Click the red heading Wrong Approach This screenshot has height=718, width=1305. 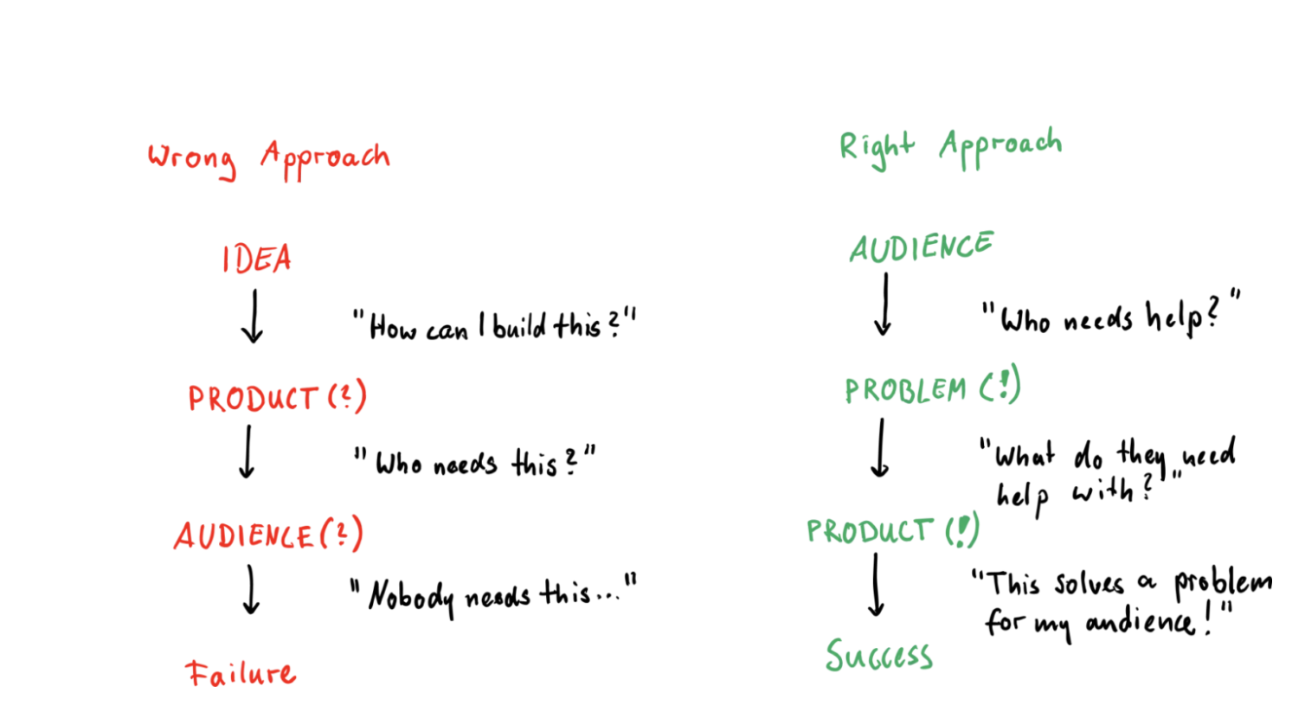click(x=268, y=159)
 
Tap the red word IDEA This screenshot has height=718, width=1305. click(x=256, y=259)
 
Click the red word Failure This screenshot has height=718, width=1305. click(x=241, y=673)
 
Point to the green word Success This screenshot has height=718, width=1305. click(x=878, y=656)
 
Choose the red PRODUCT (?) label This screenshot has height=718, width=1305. click(x=277, y=398)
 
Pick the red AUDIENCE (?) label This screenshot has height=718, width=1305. click(x=268, y=535)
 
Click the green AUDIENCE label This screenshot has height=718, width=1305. click(x=921, y=247)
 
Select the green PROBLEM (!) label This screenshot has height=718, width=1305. click(x=932, y=388)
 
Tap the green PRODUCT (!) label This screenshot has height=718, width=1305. click(x=892, y=530)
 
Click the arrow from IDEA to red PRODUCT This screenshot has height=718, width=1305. click(x=254, y=317)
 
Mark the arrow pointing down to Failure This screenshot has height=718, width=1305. click(x=251, y=590)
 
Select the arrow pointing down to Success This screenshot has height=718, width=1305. click(x=876, y=586)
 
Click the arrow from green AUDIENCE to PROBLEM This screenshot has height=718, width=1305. click(x=884, y=305)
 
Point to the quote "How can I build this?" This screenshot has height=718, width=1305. click(x=494, y=326)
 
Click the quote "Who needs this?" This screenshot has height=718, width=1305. click(x=474, y=463)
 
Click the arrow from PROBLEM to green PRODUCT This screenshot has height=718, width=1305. click(x=880, y=448)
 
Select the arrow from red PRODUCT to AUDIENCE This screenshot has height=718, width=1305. click(x=247, y=452)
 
